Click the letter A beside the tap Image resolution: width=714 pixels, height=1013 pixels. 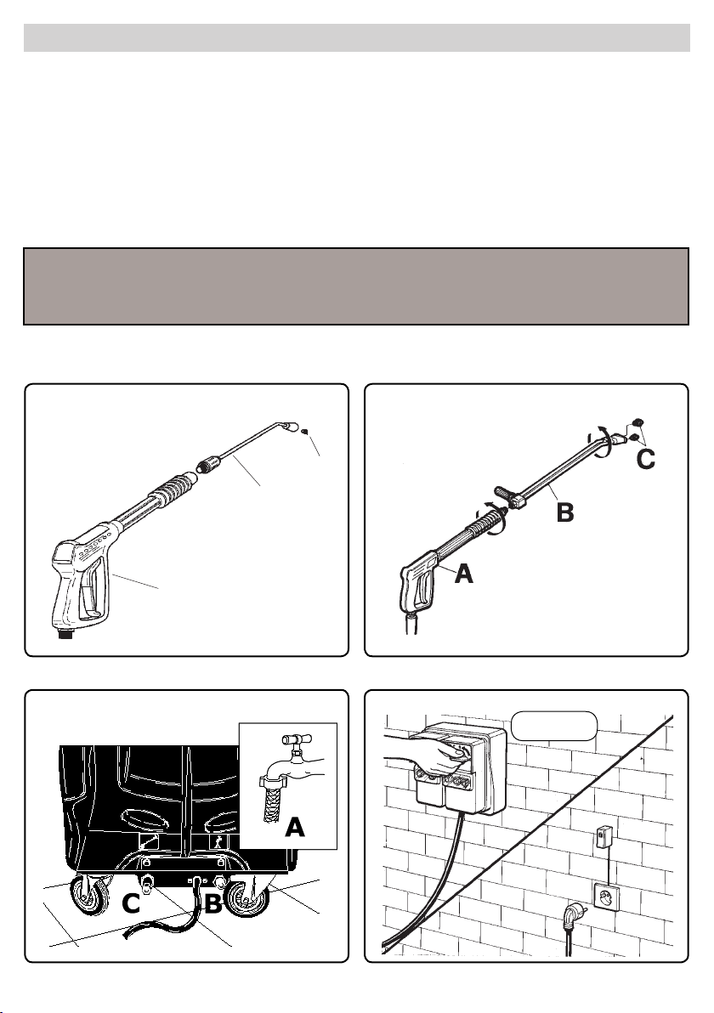295,826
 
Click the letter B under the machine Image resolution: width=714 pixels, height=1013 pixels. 213,904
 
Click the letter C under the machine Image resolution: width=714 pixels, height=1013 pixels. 131,904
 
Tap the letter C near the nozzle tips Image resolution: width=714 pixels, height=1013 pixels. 645,460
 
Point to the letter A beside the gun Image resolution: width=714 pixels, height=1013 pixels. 463,573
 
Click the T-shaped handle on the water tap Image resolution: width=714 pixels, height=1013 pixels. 295,738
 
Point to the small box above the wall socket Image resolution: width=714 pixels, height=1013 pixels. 603,837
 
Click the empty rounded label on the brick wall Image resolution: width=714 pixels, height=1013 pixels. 553,726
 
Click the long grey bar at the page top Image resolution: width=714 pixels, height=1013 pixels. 357,38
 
